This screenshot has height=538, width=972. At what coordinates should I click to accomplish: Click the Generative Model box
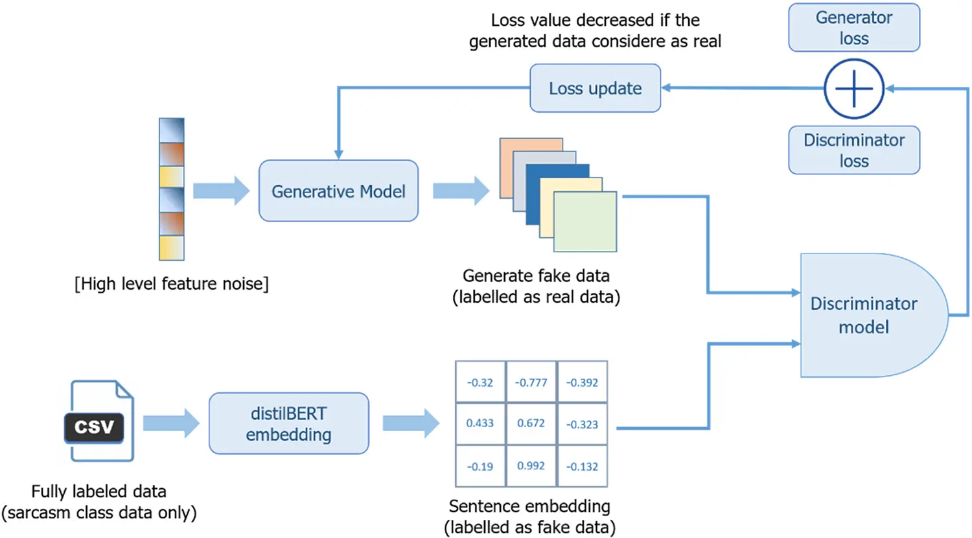(x=338, y=191)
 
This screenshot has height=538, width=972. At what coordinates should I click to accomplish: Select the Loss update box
(x=595, y=88)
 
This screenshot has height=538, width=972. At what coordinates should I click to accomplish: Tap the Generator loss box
(x=853, y=28)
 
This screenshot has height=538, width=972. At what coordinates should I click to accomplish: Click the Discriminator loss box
(x=853, y=150)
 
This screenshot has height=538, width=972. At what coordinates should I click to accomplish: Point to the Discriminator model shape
(x=865, y=315)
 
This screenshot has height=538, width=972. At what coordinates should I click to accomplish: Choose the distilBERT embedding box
(x=288, y=424)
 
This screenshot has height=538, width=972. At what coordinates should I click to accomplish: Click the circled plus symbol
(x=853, y=89)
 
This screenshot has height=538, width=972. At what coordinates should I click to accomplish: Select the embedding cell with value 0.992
(x=531, y=466)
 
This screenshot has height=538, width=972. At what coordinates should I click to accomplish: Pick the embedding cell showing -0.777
(x=531, y=382)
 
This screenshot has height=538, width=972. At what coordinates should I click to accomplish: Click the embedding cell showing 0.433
(x=480, y=423)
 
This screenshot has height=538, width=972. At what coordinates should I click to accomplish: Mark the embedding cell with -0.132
(x=582, y=466)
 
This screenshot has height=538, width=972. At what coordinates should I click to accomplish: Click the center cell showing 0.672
(x=531, y=423)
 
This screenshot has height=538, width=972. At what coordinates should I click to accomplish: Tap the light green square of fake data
(x=584, y=222)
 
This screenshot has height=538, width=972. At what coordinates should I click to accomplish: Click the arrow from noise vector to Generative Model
(x=220, y=191)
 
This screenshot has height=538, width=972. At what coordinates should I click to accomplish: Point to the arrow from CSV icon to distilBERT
(x=170, y=423)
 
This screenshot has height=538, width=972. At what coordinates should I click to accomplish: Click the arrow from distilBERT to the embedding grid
(x=410, y=423)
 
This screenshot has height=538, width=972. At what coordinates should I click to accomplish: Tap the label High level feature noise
(x=171, y=284)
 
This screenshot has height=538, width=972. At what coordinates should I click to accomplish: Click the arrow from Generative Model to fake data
(x=460, y=191)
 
